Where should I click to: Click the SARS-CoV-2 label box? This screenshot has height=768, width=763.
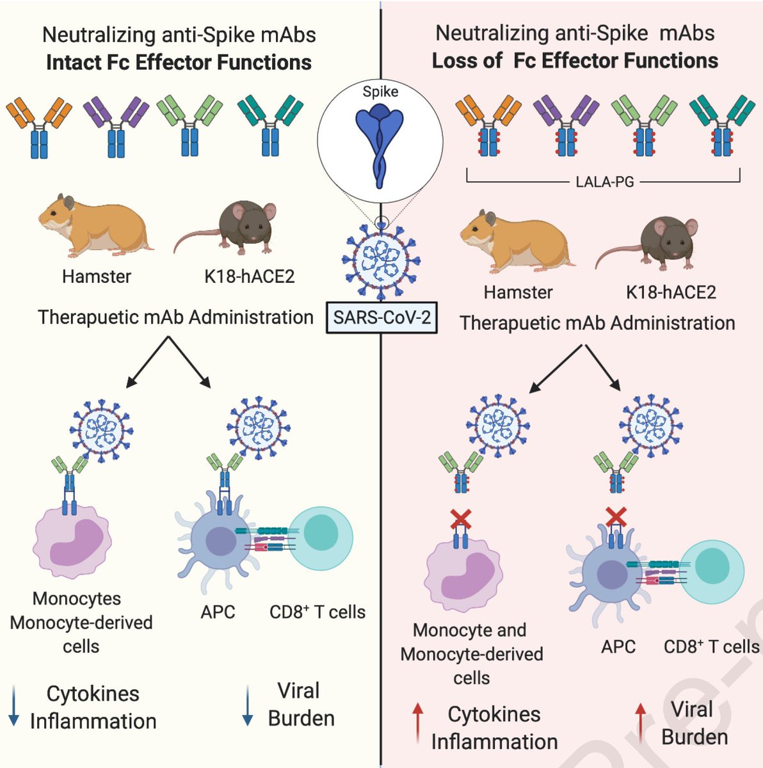point(382,317)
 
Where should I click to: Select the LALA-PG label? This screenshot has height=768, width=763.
point(604,182)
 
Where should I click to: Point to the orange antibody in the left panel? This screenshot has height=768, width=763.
point(39,125)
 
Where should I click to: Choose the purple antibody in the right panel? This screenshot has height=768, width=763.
point(566,125)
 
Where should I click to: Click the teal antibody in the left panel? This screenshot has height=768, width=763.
point(270,125)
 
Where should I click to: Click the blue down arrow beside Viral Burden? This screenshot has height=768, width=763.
point(248,706)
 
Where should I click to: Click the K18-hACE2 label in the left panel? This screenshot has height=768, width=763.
point(249,276)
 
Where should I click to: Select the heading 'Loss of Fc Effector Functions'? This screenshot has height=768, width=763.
point(574,61)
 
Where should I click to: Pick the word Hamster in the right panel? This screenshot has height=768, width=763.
point(518,292)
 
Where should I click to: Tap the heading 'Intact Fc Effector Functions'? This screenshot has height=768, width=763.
point(179,62)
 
